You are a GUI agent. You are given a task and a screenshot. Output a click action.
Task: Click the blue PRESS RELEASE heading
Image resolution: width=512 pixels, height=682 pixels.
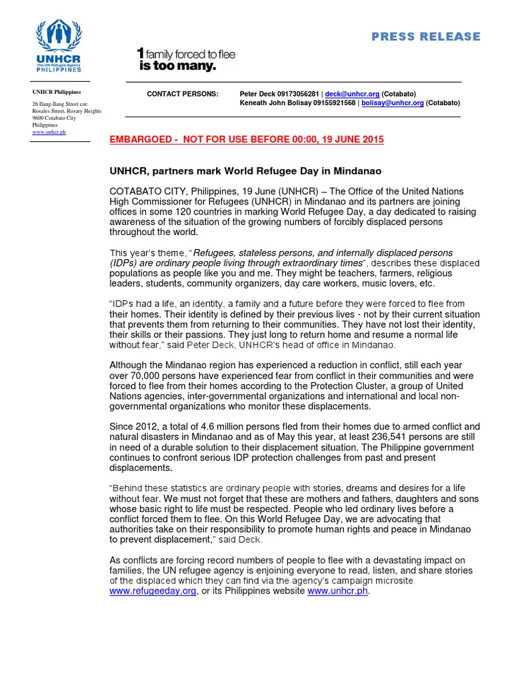click(x=425, y=37)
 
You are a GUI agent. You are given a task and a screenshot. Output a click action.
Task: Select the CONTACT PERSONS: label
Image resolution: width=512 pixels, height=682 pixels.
click(x=182, y=94)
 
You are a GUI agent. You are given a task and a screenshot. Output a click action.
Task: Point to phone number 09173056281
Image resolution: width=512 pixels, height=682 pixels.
click(x=299, y=94)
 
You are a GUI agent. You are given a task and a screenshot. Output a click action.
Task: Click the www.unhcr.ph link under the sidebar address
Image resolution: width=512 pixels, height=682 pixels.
click(x=49, y=132)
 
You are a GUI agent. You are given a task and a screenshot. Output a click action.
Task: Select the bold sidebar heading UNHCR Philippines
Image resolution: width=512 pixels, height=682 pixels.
click(x=57, y=92)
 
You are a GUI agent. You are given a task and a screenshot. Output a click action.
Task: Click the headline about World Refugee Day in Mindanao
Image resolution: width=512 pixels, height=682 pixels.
click(x=245, y=171)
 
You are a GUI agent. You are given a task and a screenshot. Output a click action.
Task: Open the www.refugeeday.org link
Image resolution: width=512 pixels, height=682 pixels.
click(x=153, y=591)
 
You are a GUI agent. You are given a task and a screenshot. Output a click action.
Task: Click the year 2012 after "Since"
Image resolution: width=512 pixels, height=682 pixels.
click(x=149, y=426)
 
